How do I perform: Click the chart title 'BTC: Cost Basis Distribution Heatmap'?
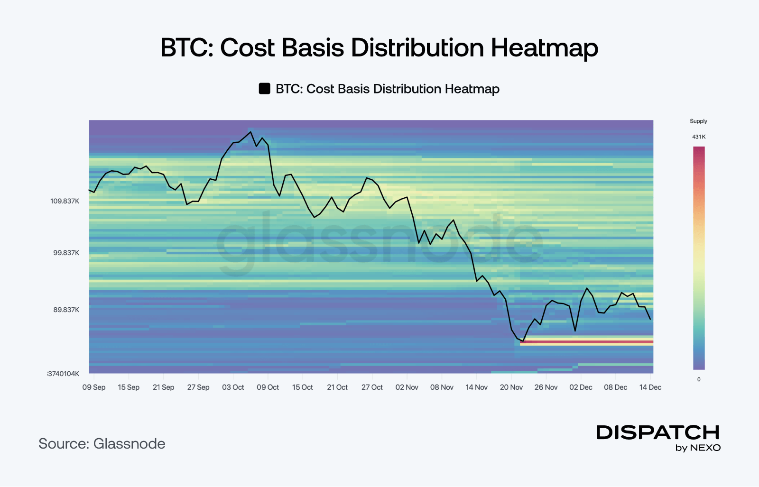379,48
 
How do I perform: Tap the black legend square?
264,89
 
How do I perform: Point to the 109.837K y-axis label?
65,201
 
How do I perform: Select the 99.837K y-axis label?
66,253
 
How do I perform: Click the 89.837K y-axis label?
66,310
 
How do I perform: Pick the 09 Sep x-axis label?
94,387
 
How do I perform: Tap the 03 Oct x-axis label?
233,387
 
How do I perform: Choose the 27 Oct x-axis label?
372,387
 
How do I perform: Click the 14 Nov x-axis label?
476,387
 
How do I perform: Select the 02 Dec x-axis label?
581,387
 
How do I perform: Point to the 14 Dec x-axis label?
650,387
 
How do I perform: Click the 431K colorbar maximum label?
699,137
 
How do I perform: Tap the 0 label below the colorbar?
699,379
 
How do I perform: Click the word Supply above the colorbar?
698,121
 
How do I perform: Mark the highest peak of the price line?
250,132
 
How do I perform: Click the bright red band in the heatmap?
587,341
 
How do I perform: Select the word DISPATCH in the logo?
658,432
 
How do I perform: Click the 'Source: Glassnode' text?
102,444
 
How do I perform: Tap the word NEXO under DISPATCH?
705,448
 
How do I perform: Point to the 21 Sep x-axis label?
163,387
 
